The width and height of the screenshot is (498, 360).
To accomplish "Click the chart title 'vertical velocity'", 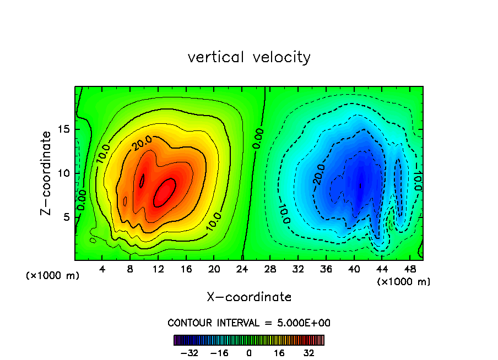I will coord(249,57).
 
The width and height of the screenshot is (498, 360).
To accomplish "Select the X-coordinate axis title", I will coord(249,297).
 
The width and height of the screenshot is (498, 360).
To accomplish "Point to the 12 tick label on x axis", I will coord(158,270).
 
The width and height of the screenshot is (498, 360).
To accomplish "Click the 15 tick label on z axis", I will coord(64,130).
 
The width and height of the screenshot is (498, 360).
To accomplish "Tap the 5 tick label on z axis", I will coord(67,217).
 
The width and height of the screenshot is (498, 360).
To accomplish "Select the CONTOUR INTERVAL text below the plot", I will coord(249,323).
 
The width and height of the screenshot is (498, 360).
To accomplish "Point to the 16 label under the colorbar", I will coord(279,353).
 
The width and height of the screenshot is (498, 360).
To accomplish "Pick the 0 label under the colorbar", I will coord(249,353).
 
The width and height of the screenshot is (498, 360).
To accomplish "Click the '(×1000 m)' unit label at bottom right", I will coord(404,281).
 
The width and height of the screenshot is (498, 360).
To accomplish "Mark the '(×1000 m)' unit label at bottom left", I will coord(52,276).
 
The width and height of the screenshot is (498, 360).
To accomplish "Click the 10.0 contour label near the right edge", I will coord(418,180).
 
